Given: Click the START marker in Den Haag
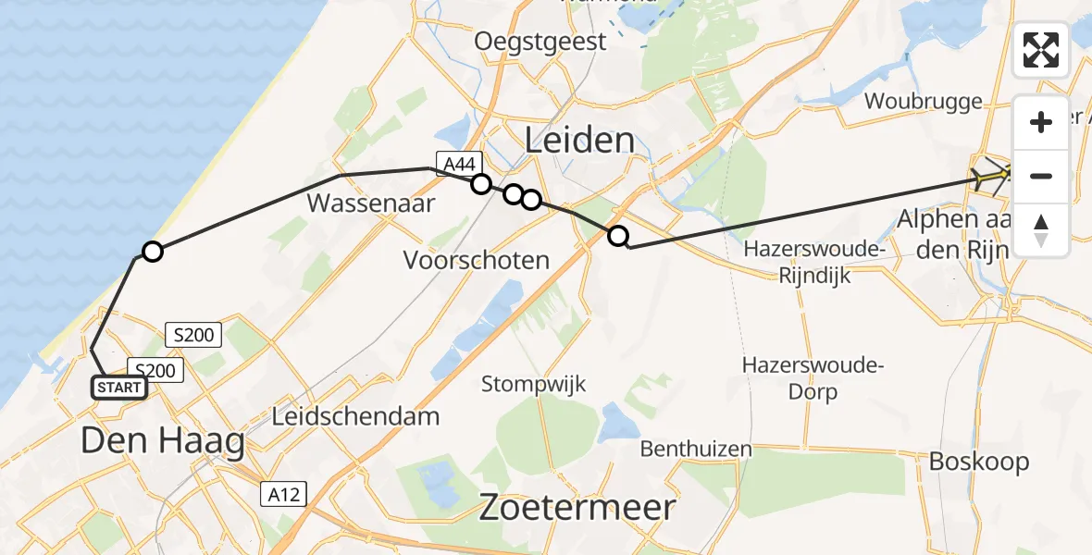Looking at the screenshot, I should [119, 388].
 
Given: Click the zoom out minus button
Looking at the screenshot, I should [1041, 176].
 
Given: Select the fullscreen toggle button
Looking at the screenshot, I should [1041, 50].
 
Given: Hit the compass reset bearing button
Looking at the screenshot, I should [1041, 229].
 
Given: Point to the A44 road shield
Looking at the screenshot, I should [460, 165].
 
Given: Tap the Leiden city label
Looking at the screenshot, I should [579, 141].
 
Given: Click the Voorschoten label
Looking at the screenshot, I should [477, 261].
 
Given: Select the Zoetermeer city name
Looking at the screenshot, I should [577, 508].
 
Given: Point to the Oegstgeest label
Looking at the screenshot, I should [540, 41].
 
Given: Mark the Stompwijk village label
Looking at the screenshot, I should [533, 383].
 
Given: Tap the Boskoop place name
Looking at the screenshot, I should [979, 461].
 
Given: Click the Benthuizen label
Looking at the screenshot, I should [696, 450].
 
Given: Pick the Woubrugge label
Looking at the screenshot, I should [923, 101].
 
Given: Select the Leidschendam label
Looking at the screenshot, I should [355, 416].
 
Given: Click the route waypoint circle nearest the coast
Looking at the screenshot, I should [153, 252].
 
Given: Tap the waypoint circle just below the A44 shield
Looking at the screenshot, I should [481, 184].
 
